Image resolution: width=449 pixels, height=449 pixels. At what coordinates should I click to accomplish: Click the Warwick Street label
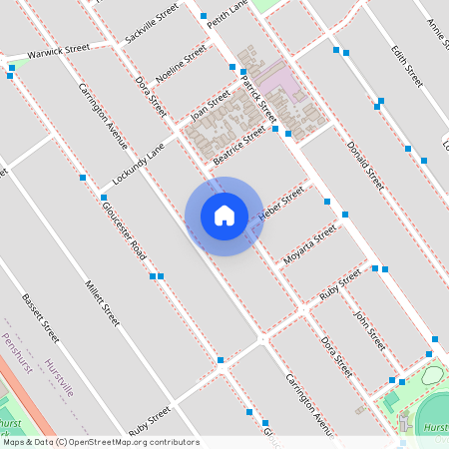coord(59,50)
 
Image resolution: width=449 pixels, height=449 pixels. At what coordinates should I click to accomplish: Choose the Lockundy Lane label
coord(139,165)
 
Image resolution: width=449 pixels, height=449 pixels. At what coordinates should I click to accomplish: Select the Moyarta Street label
coord(310,247)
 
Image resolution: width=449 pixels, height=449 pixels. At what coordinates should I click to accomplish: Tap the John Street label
coord(369,329)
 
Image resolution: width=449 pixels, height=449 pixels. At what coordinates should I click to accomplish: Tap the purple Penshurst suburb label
coord(17,355)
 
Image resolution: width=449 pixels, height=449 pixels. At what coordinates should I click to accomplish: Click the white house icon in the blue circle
coord(224,216)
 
